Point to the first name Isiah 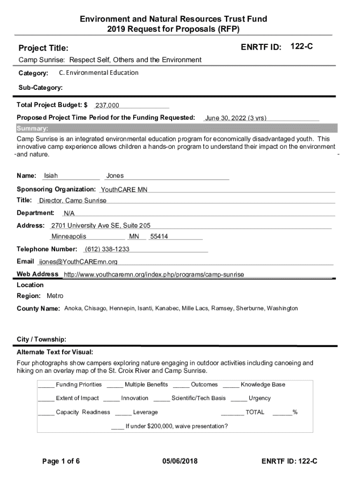(51, 176)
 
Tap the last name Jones (115, 176)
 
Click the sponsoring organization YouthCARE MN (124, 189)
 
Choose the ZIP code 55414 (159, 237)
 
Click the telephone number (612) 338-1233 (107, 249)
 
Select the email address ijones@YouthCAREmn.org (78, 261)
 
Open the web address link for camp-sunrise (154, 274)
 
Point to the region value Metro (55, 296)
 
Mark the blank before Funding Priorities (46, 385)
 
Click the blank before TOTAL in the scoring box (232, 413)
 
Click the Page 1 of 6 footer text (61, 462)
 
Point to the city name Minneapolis (69, 237)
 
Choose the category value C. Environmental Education (99, 73)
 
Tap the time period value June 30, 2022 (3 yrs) (236, 118)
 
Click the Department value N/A (69, 213)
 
